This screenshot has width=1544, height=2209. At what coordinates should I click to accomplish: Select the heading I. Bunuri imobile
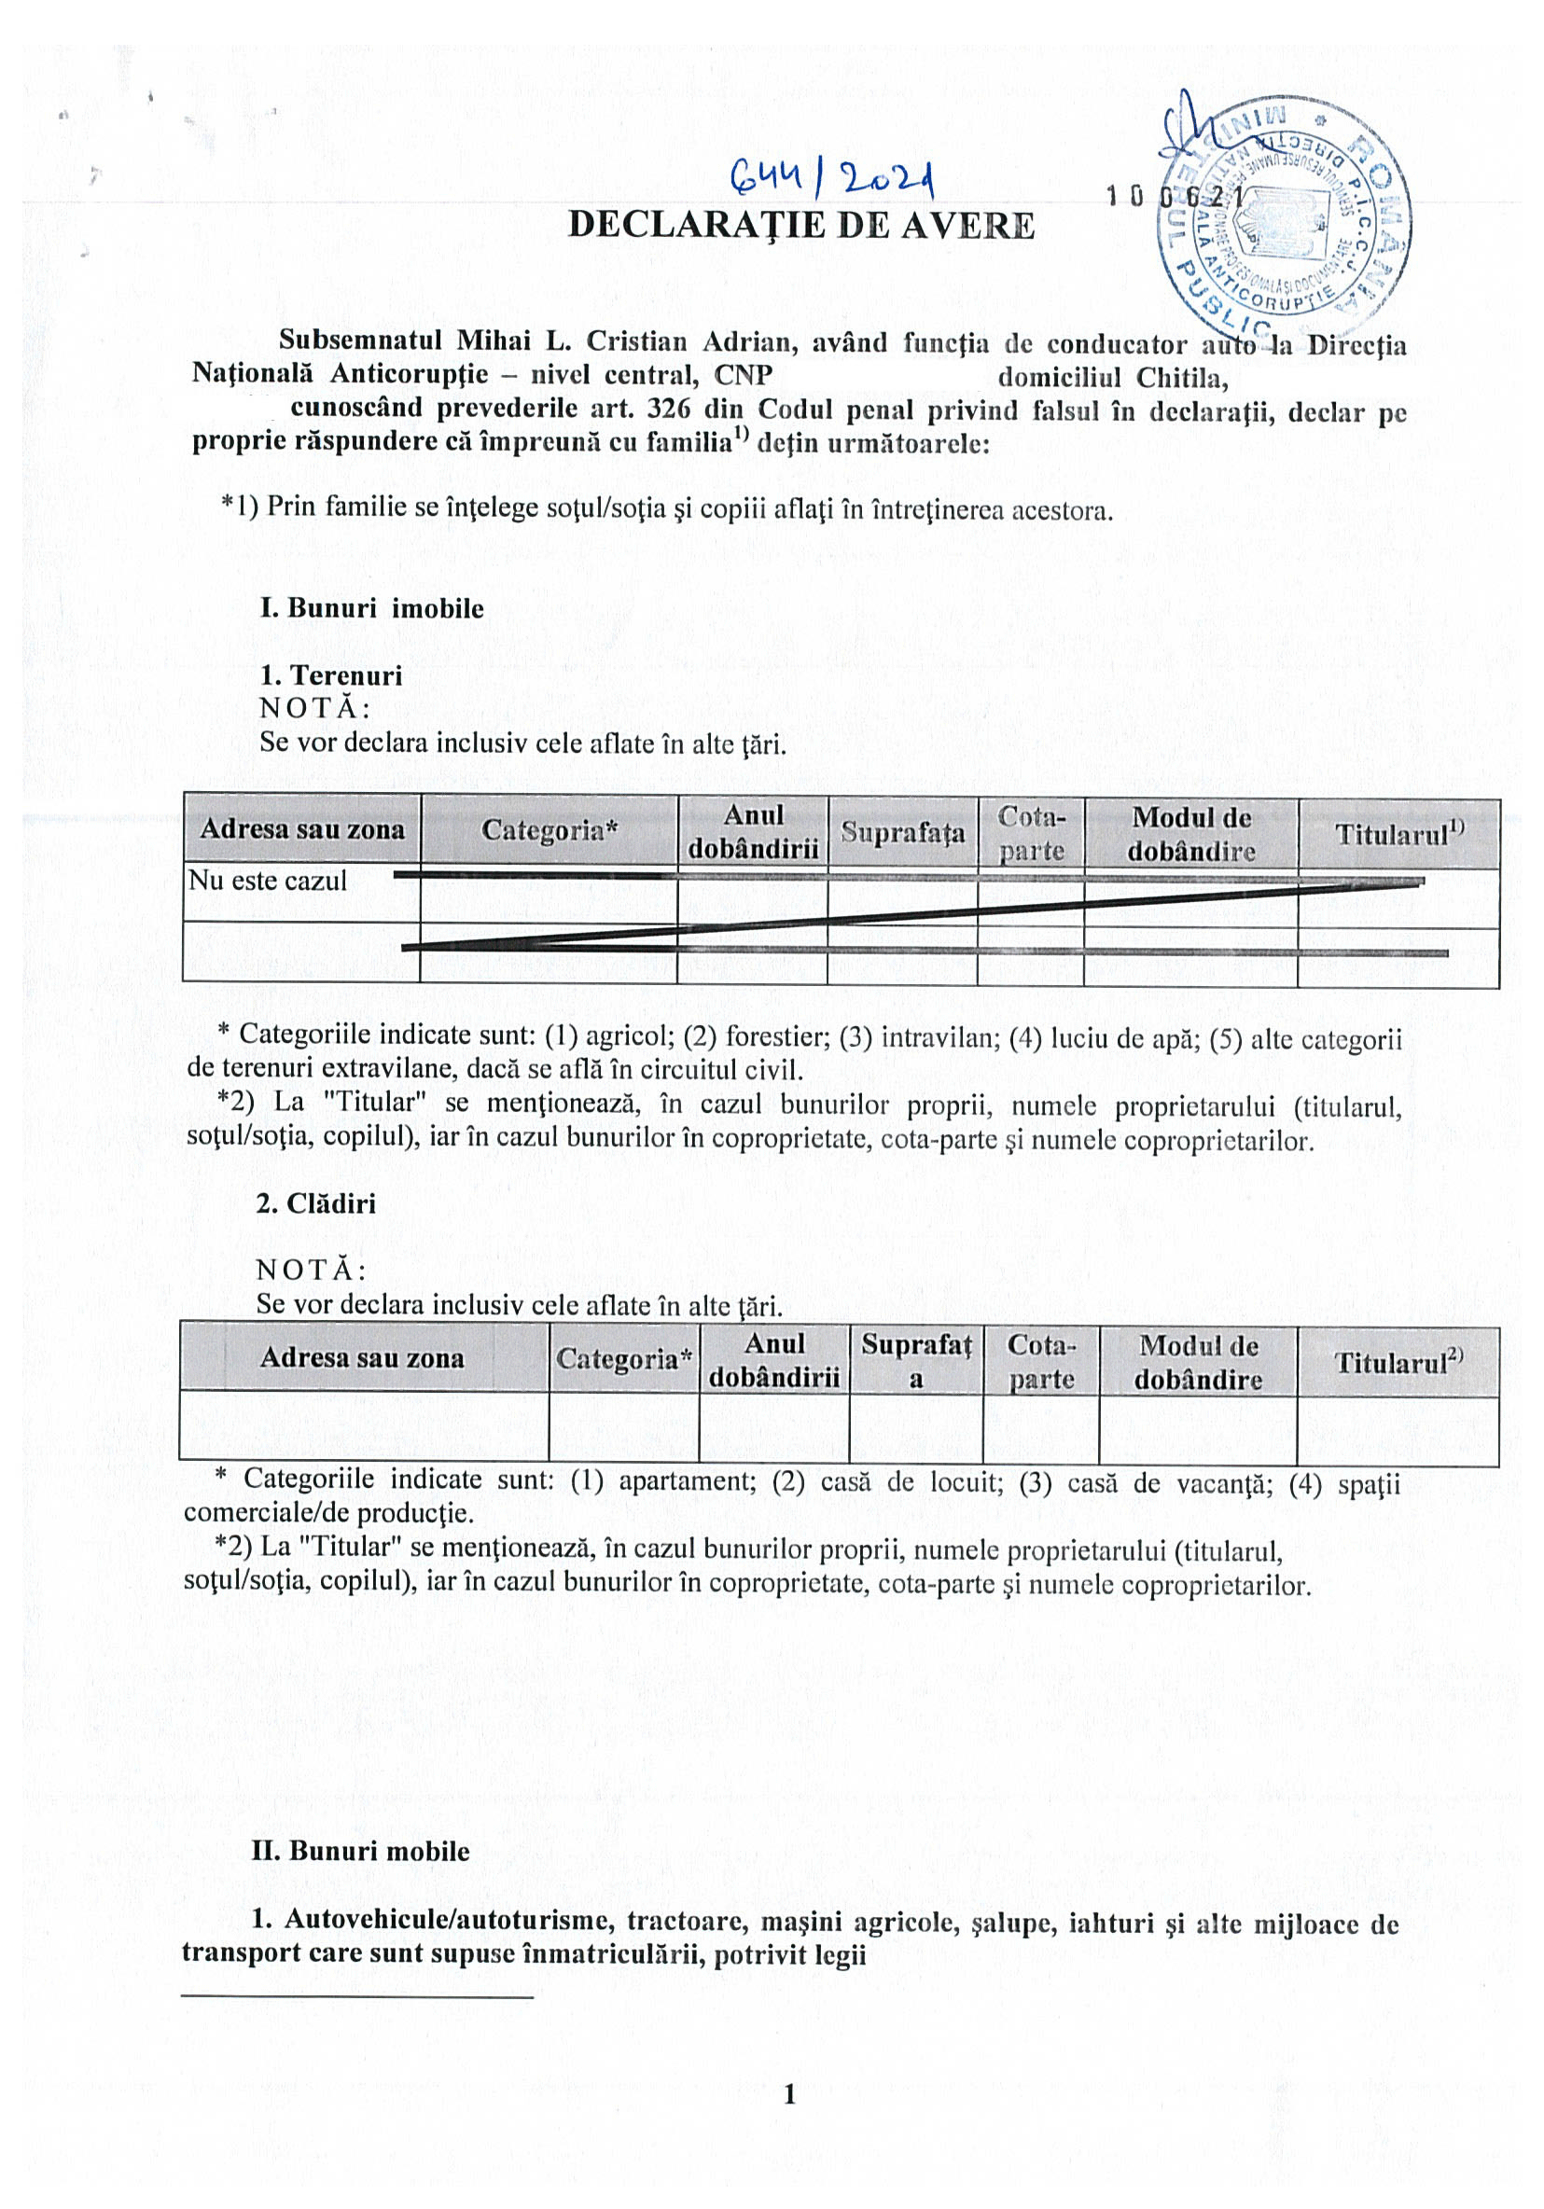(x=371, y=609)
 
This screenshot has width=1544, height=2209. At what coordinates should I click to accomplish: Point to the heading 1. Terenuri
(x=331, y=675)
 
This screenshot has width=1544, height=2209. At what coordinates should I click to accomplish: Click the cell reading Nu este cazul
(x=269, y=882)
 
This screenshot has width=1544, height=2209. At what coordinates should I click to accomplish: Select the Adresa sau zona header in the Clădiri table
(x=362, y=1358)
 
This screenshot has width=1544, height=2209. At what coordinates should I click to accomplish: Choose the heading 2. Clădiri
(x=315, y=1203)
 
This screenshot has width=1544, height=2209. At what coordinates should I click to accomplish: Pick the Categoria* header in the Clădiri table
(x=623, y=1359)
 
